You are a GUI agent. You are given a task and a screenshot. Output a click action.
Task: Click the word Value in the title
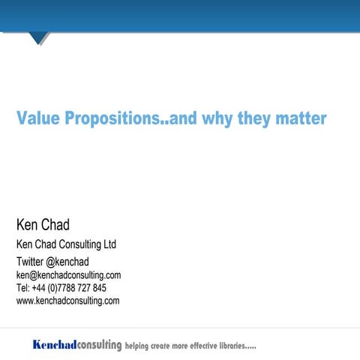38,118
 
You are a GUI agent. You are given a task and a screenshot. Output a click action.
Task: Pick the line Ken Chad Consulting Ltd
66,244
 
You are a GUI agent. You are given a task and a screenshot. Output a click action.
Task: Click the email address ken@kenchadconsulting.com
68,275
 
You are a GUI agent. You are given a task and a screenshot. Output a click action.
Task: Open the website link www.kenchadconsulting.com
67,301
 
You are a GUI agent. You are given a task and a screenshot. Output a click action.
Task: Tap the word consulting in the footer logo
99,345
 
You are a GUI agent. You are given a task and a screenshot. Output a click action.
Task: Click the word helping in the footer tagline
140,346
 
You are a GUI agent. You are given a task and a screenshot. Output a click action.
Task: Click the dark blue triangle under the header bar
38,37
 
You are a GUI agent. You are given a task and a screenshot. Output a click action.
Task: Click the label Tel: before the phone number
22,288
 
